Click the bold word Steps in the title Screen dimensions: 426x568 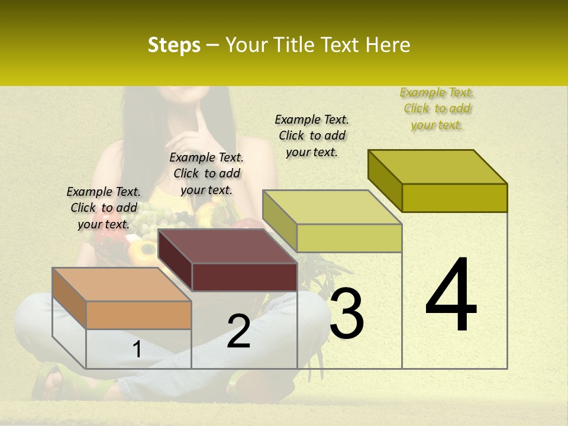click(x=174, y=45)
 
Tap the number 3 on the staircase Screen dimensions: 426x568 click(x=347, y=314)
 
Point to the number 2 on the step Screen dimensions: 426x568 click(x=238, y=331)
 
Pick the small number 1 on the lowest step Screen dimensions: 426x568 click(x=137, y=350)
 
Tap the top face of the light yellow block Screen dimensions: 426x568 click(x=333, y=207)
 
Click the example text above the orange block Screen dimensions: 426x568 click(x=104, y=208)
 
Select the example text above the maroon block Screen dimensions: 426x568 click(x=206, y=173)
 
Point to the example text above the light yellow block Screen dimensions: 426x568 click(x=312, y=135)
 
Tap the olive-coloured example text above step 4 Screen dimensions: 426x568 click(x=437, y=108)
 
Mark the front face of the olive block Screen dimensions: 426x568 click(x=454, y=198)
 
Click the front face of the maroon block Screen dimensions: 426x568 click(x=244, y=277)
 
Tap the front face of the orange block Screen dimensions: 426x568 click(x=139, y=315)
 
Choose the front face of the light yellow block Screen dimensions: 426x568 click(x=349, y=238)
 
